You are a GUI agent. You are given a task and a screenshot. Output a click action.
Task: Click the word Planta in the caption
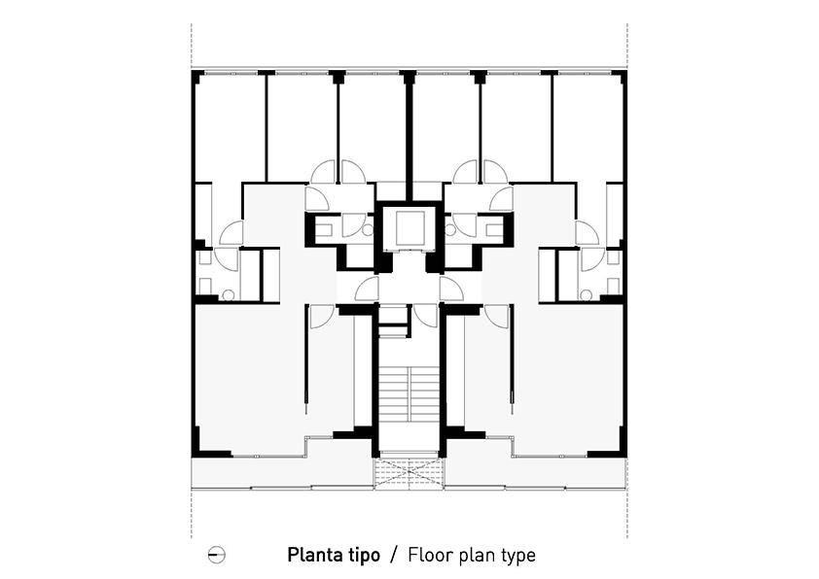[313, 555]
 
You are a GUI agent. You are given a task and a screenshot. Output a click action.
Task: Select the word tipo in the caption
[362, 555]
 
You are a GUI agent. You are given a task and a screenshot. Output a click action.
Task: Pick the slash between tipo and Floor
[394, 555]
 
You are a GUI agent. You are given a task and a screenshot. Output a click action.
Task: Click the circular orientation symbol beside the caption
[216, 555]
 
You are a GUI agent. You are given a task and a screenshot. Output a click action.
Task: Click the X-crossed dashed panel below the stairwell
[409, 474]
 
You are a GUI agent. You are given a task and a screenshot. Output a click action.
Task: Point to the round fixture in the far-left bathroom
[229, 295]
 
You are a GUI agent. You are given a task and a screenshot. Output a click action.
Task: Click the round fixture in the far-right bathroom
[586, 295]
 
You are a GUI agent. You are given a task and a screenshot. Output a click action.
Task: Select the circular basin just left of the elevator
[368, 230]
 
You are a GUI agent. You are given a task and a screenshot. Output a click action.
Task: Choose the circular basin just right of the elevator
[450, 230]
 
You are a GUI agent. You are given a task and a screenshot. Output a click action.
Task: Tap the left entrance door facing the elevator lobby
[367, 289]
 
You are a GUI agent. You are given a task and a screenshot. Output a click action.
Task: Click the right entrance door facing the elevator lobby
[451, 289]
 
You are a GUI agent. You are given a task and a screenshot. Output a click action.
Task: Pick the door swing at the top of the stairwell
[425, 316]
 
